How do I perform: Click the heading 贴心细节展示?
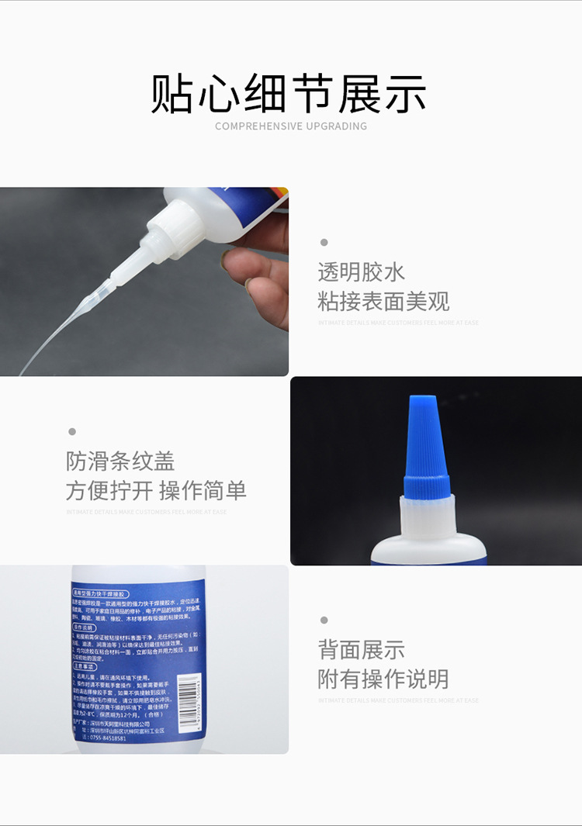pos(289,95)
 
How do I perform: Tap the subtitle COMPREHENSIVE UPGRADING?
pos(290,126)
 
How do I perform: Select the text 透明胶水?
pos(361,272)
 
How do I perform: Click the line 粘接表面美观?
pos(383,301)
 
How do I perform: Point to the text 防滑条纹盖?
pos(120,461)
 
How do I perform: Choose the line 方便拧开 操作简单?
pos(156,490)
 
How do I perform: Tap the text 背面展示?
pos(361,650)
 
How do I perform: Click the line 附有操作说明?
pos(383,679)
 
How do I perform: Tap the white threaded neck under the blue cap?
pos(428,517)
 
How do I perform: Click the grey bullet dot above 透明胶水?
pos(324,243)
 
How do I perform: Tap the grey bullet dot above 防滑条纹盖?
pos(72,432)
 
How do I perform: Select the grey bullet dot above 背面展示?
pos(324,620)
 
